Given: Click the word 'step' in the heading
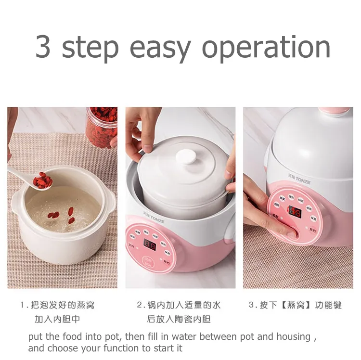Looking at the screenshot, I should click(90, 47).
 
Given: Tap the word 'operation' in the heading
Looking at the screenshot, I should click(266, 47).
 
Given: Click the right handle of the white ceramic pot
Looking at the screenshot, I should click(110, 202).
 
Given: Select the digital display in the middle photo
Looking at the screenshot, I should click(150, 245).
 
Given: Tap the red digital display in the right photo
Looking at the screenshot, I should click(295, 211).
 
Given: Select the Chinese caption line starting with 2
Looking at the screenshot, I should click(179, 305).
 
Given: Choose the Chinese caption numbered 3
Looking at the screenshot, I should click(295, 305).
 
